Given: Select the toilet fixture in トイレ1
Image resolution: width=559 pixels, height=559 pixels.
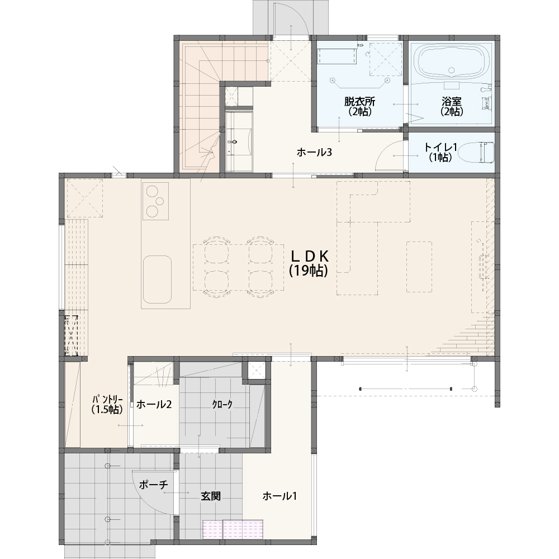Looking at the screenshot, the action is click(476, 153).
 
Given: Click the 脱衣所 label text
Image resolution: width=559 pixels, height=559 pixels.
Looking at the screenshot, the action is click(359, 101).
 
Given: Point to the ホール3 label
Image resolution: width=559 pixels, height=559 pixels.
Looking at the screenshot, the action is click(314, 153).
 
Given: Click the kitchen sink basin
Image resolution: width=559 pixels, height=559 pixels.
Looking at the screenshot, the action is click(157, 279).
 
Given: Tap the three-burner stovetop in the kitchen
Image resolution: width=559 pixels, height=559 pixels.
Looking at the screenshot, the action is click(155, 201).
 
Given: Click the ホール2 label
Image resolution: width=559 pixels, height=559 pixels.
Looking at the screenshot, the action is click(154, 404).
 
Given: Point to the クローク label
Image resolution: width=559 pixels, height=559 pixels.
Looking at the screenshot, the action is click(222, 404).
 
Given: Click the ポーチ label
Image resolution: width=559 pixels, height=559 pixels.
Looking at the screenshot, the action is click(153, 485).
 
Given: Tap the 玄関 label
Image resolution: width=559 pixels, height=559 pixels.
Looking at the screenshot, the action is click(211, 496).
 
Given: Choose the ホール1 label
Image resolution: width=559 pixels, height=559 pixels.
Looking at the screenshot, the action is click(279, 496).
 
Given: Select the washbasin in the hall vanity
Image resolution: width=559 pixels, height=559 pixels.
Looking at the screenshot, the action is click(234, 141).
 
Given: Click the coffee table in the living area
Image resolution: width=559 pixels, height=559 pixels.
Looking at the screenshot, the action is click(419, 267).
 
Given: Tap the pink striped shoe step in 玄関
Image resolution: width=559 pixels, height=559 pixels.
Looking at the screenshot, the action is click(233, 529).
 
